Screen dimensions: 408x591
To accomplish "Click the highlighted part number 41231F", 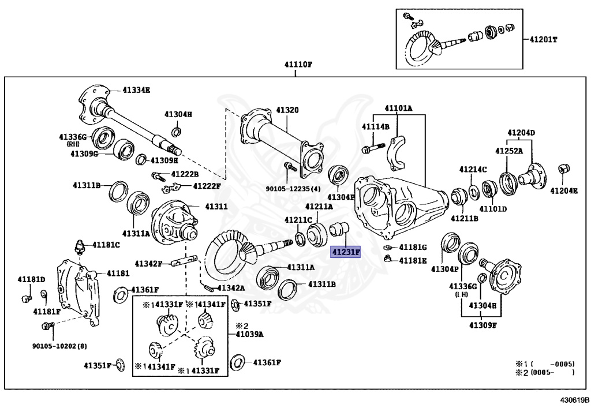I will (345, 252).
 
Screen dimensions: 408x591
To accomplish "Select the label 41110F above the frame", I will (297, 65).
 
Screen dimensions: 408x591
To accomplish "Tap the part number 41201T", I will (544, 40).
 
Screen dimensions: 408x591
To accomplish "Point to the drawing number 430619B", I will (574, 399).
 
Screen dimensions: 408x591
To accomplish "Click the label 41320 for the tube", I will (287, 110).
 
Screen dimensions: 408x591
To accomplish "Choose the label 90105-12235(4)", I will (293, 188).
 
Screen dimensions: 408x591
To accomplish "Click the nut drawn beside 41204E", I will (564, 169).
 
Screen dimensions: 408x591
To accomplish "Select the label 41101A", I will (399, 108).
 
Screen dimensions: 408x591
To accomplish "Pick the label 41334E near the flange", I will (136, 90).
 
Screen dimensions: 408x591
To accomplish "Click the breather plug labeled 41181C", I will (79, 247).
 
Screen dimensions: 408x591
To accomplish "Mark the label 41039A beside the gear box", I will (250, 334).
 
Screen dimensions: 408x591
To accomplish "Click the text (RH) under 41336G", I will (72, 144).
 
